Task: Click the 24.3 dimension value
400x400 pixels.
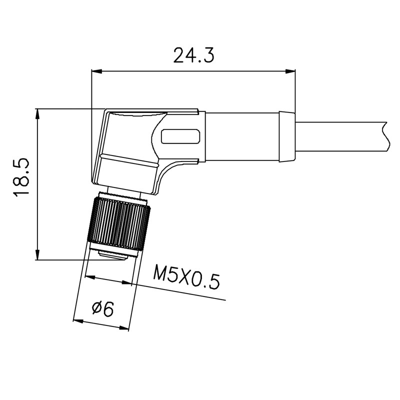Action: pos(193,55)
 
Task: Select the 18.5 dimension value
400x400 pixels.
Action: pos(21,177)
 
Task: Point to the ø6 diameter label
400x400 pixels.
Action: pos(102,309)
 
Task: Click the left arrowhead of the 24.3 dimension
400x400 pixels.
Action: pos(96,71)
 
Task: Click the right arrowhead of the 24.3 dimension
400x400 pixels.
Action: pos(290,71)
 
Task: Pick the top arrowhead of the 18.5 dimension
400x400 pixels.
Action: pos(37,114)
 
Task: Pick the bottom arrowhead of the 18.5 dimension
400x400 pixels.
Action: pos(37,255)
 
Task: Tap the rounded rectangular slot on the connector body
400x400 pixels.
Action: pos(180,136)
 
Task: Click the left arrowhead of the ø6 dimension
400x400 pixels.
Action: pos(78,321)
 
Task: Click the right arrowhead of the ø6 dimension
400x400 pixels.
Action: pos(123,328)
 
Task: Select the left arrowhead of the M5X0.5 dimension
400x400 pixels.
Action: pos(90,277)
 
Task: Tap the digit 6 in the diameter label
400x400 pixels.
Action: pos(108,309)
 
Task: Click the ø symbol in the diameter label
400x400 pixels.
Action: pos(96,308)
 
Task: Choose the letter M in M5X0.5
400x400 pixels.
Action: pos(160,272)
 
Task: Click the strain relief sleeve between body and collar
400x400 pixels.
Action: pos(242,136)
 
